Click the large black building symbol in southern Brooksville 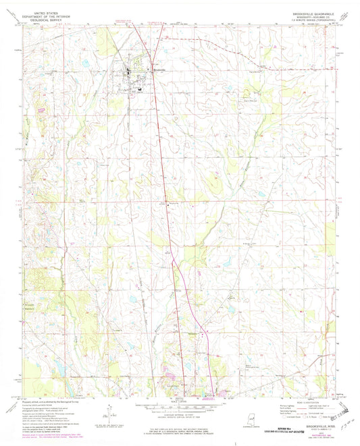[x=139, y=86]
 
